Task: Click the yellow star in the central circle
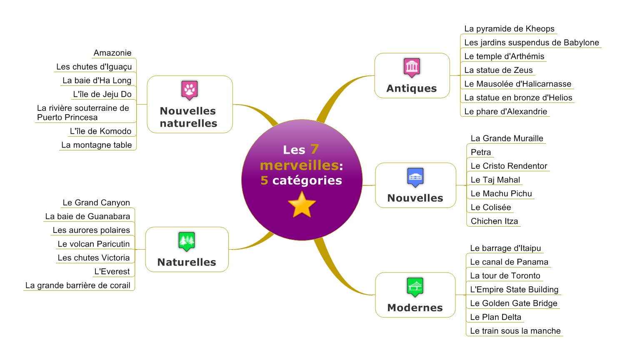coord(302,205)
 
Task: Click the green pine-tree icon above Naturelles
coord(187,241)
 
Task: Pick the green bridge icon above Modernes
coord(415,287)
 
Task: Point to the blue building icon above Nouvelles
coord(415,177)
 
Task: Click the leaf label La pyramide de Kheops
coord(509,29)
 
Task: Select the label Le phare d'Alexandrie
coord(505,111)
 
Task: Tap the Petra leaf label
coord(481,152)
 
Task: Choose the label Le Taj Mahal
coord(495,180)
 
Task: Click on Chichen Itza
coord(494,221)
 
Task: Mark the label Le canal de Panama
coord(509,262)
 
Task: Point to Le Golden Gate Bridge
coord(513,303)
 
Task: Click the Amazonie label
coord(112,53)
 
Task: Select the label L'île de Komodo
coord(100,131)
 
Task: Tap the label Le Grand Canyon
coord(96,202)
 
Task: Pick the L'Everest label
coord(112,271)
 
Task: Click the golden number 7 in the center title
coord(315,149)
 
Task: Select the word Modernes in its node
coord(415,307)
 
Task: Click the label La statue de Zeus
coord(498,70)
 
